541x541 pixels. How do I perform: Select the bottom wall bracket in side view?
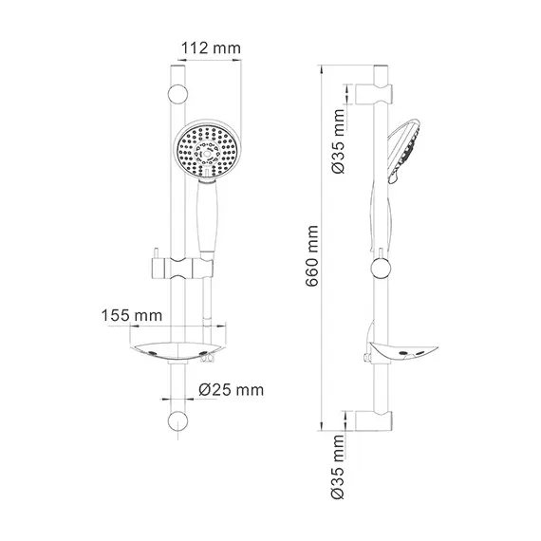377,420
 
